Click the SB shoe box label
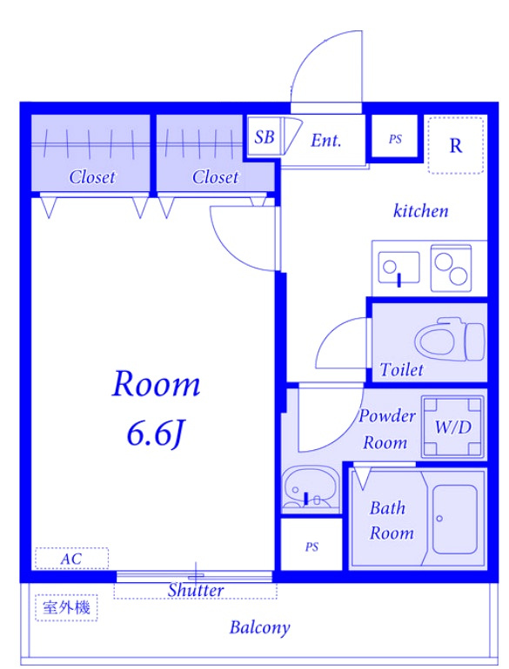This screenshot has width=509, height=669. [265, 137]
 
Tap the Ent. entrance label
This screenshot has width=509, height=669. [326, 141]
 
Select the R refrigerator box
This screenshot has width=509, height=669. [456, 145]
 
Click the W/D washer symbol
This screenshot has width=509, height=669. [453, 427]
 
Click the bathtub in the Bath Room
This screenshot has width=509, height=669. [454, 520]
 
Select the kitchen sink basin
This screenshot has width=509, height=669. [398, 268]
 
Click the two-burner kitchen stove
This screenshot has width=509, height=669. [451, 268]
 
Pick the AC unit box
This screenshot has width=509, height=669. [71, 558]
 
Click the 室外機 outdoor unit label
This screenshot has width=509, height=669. [66, 607]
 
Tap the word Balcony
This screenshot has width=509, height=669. [259, 627]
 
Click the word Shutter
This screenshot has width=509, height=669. [195, 590]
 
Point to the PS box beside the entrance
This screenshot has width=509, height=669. [395, 138]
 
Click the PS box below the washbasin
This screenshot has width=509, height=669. [311, 546]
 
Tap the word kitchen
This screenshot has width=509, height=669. [420, 211]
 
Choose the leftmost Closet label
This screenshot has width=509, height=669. [92, 176]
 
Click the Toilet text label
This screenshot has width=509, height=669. [401, 369]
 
